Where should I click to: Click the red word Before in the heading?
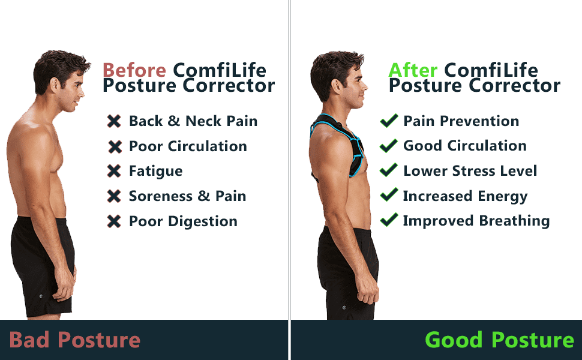134,70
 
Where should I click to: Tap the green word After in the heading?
413,70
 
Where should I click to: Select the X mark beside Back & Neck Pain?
114,121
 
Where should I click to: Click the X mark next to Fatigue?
114,171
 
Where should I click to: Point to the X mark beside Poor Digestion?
114,221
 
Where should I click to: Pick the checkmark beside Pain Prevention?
389,121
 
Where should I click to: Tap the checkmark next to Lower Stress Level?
389,170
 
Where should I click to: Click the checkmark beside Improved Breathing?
389,220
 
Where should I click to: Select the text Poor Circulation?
188,146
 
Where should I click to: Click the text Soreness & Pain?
187,196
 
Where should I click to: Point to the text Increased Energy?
465,197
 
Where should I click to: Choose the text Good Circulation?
465,145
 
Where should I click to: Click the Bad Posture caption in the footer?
74,340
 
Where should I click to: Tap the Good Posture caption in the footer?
499,340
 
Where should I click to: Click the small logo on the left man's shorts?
41,296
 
